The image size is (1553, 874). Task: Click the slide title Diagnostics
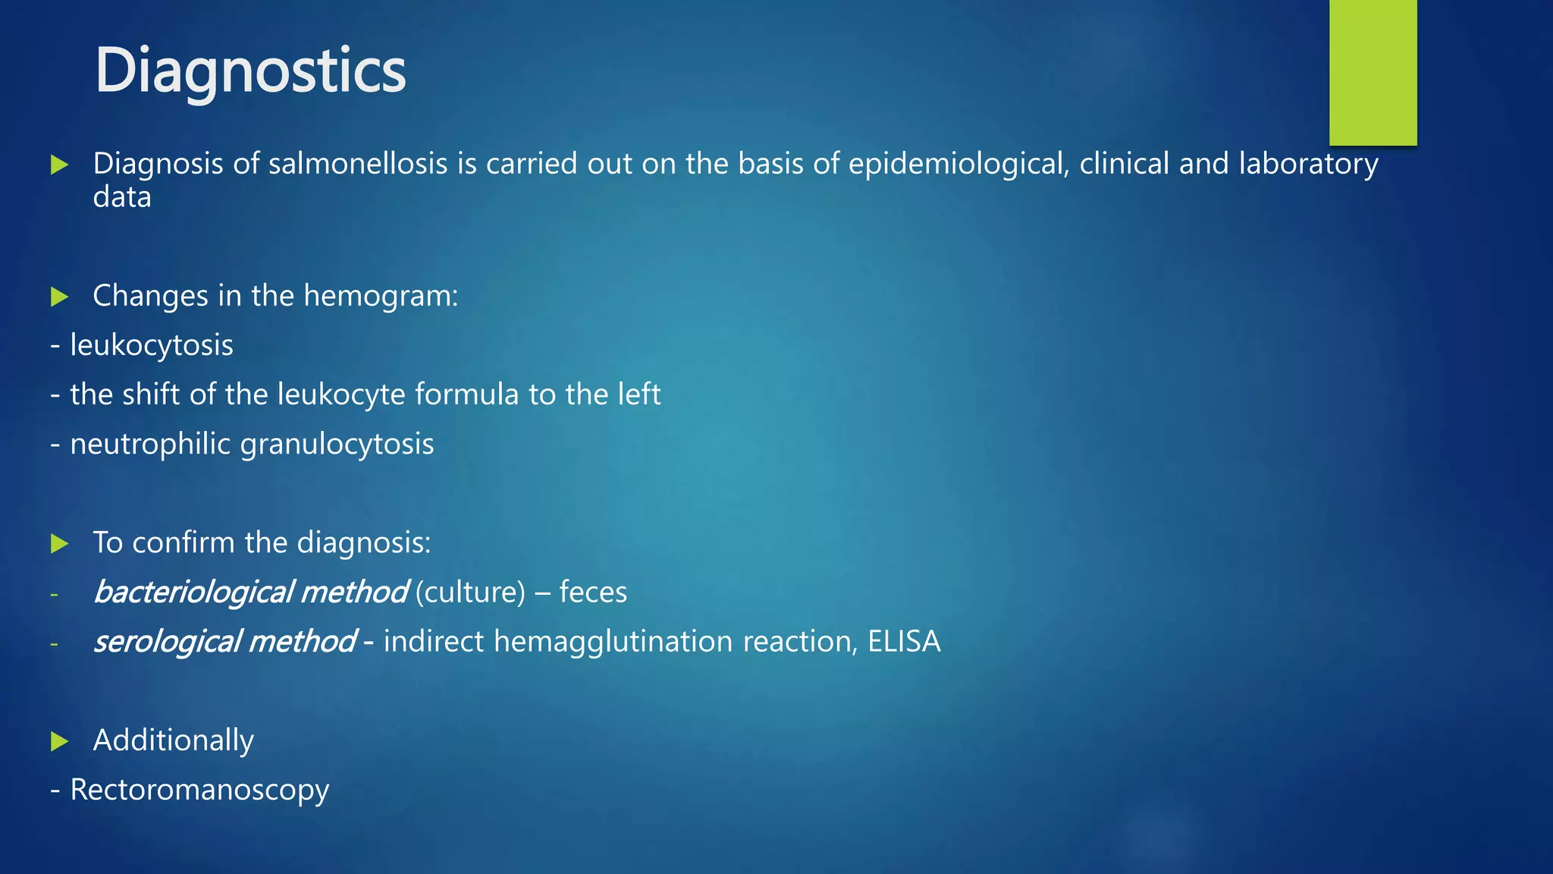[250, 71]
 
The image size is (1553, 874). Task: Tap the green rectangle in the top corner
[1373, 72]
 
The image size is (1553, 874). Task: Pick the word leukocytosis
[152, 345]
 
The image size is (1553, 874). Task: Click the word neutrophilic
[150, 444]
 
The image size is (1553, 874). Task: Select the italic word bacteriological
[193, 592]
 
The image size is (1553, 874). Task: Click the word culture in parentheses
[470, 592]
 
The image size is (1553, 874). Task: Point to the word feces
[593, 592]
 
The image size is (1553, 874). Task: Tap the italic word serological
[167, 641]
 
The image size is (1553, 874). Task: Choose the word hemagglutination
[613, 641]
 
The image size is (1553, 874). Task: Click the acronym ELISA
[904, 641]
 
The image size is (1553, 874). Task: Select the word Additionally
[173, 740]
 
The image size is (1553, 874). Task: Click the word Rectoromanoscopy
[199, 790]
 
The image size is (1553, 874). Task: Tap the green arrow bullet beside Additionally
[60, 741]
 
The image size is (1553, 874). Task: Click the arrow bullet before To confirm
[60, 543]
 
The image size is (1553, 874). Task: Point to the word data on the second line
[122, 197]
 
